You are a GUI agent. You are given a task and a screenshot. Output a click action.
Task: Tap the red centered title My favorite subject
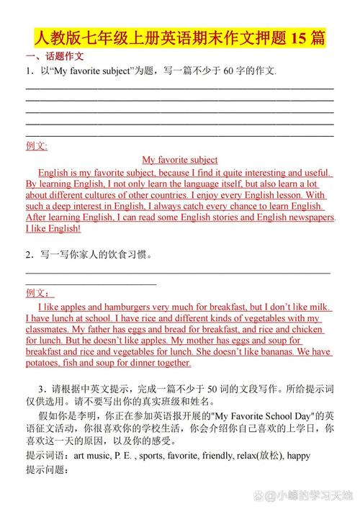click(x=179, y=160)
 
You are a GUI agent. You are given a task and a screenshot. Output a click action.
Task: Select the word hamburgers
click(x=114, y=307)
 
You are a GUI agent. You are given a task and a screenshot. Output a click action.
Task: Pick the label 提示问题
click(x=46, y=469)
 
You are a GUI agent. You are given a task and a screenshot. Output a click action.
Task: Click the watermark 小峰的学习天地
click(x=318, y=496)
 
